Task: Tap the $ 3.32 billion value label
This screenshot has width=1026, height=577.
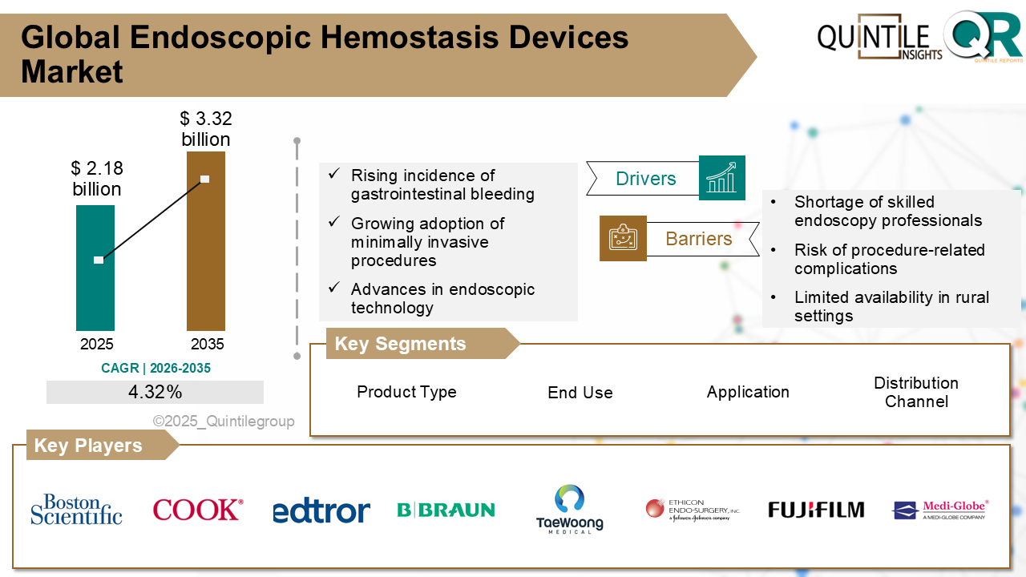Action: pos(205,129)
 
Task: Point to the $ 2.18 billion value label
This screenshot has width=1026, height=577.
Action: pos(96,179)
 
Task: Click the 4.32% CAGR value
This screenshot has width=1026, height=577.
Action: pos(155,392)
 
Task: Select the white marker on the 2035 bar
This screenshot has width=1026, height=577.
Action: pos(205,179)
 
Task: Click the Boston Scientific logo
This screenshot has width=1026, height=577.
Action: pos(76,510)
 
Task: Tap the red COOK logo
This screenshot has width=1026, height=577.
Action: pos(197,510)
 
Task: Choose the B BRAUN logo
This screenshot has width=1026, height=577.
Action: pos(446,510)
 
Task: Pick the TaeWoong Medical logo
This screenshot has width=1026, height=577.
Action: pos(569,509)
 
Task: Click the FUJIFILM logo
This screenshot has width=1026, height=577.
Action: pos(816,510)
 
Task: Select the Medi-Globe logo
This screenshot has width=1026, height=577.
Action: pos(940,510)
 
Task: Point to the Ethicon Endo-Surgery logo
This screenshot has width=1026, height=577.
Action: pos(693,510)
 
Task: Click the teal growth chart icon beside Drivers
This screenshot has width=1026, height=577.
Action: pos(721,178)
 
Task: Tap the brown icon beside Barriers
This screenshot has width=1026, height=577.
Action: pos(623,238)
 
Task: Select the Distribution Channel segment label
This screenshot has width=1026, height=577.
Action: pos(915,392)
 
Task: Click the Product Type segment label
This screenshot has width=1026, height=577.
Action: pos(406,392)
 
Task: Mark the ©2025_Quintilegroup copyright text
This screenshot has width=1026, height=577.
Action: pos(224,422)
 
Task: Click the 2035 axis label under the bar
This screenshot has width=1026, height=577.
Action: pos(207,345)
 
